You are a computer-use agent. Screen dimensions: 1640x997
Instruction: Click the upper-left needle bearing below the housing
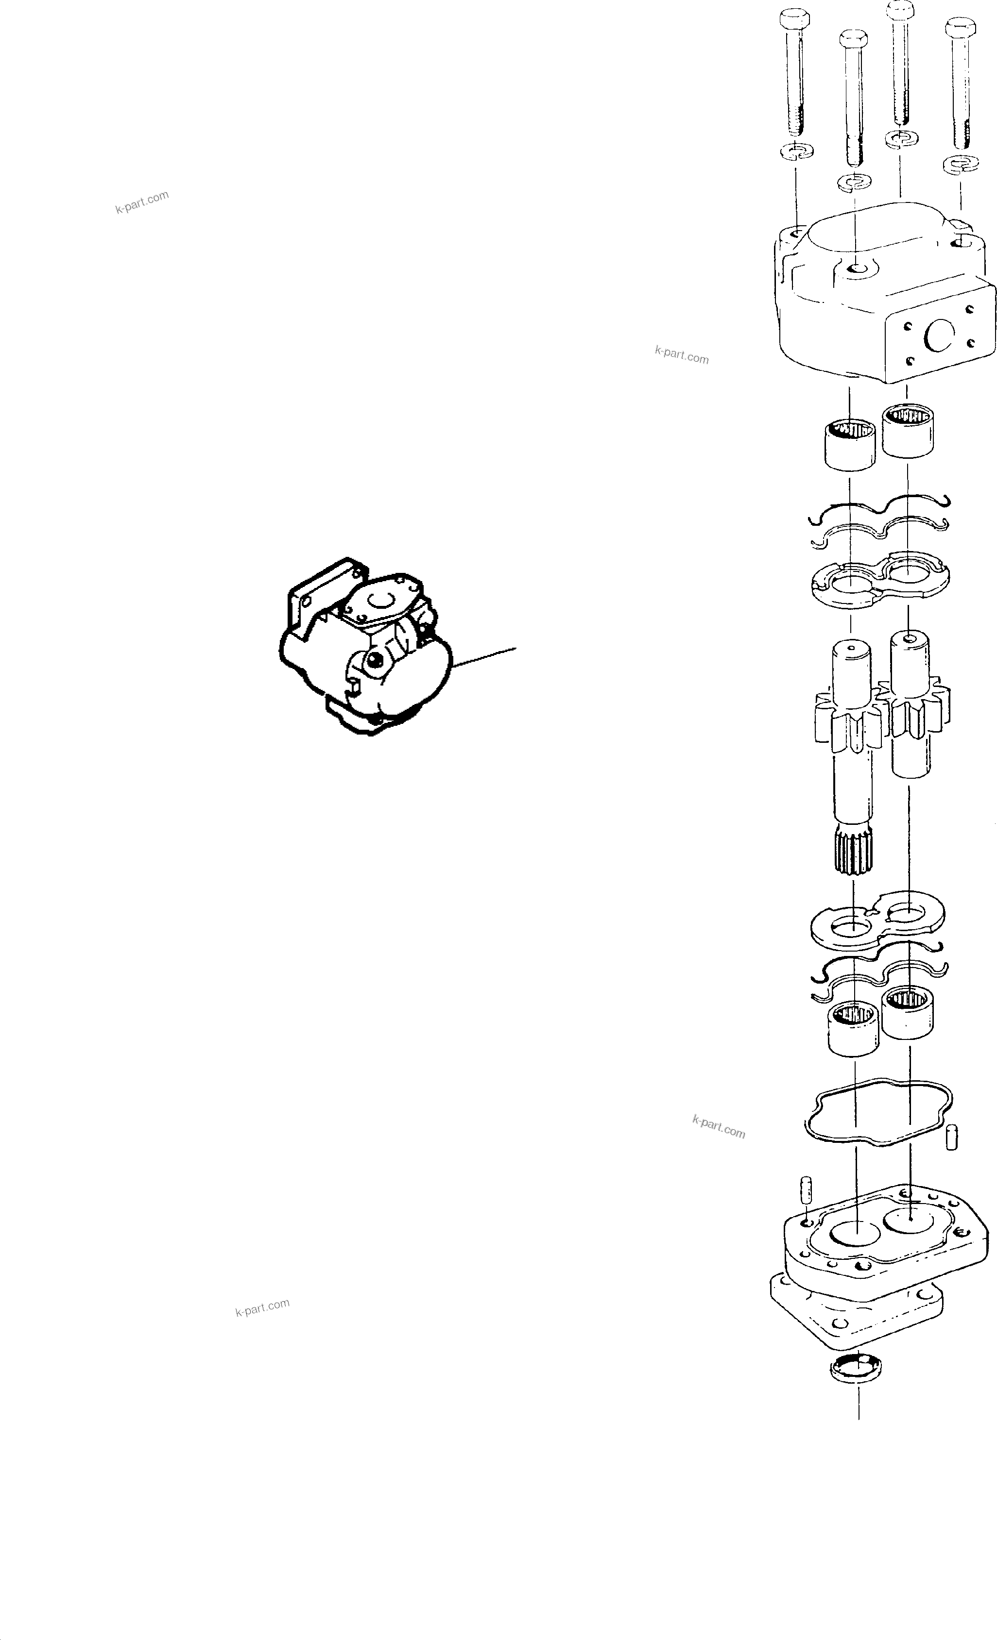(x=849, y=444)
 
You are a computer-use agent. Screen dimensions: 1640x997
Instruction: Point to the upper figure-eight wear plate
(x=879, y=578)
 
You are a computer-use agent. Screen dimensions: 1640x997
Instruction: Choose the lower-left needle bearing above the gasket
(x=853, y=1028)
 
